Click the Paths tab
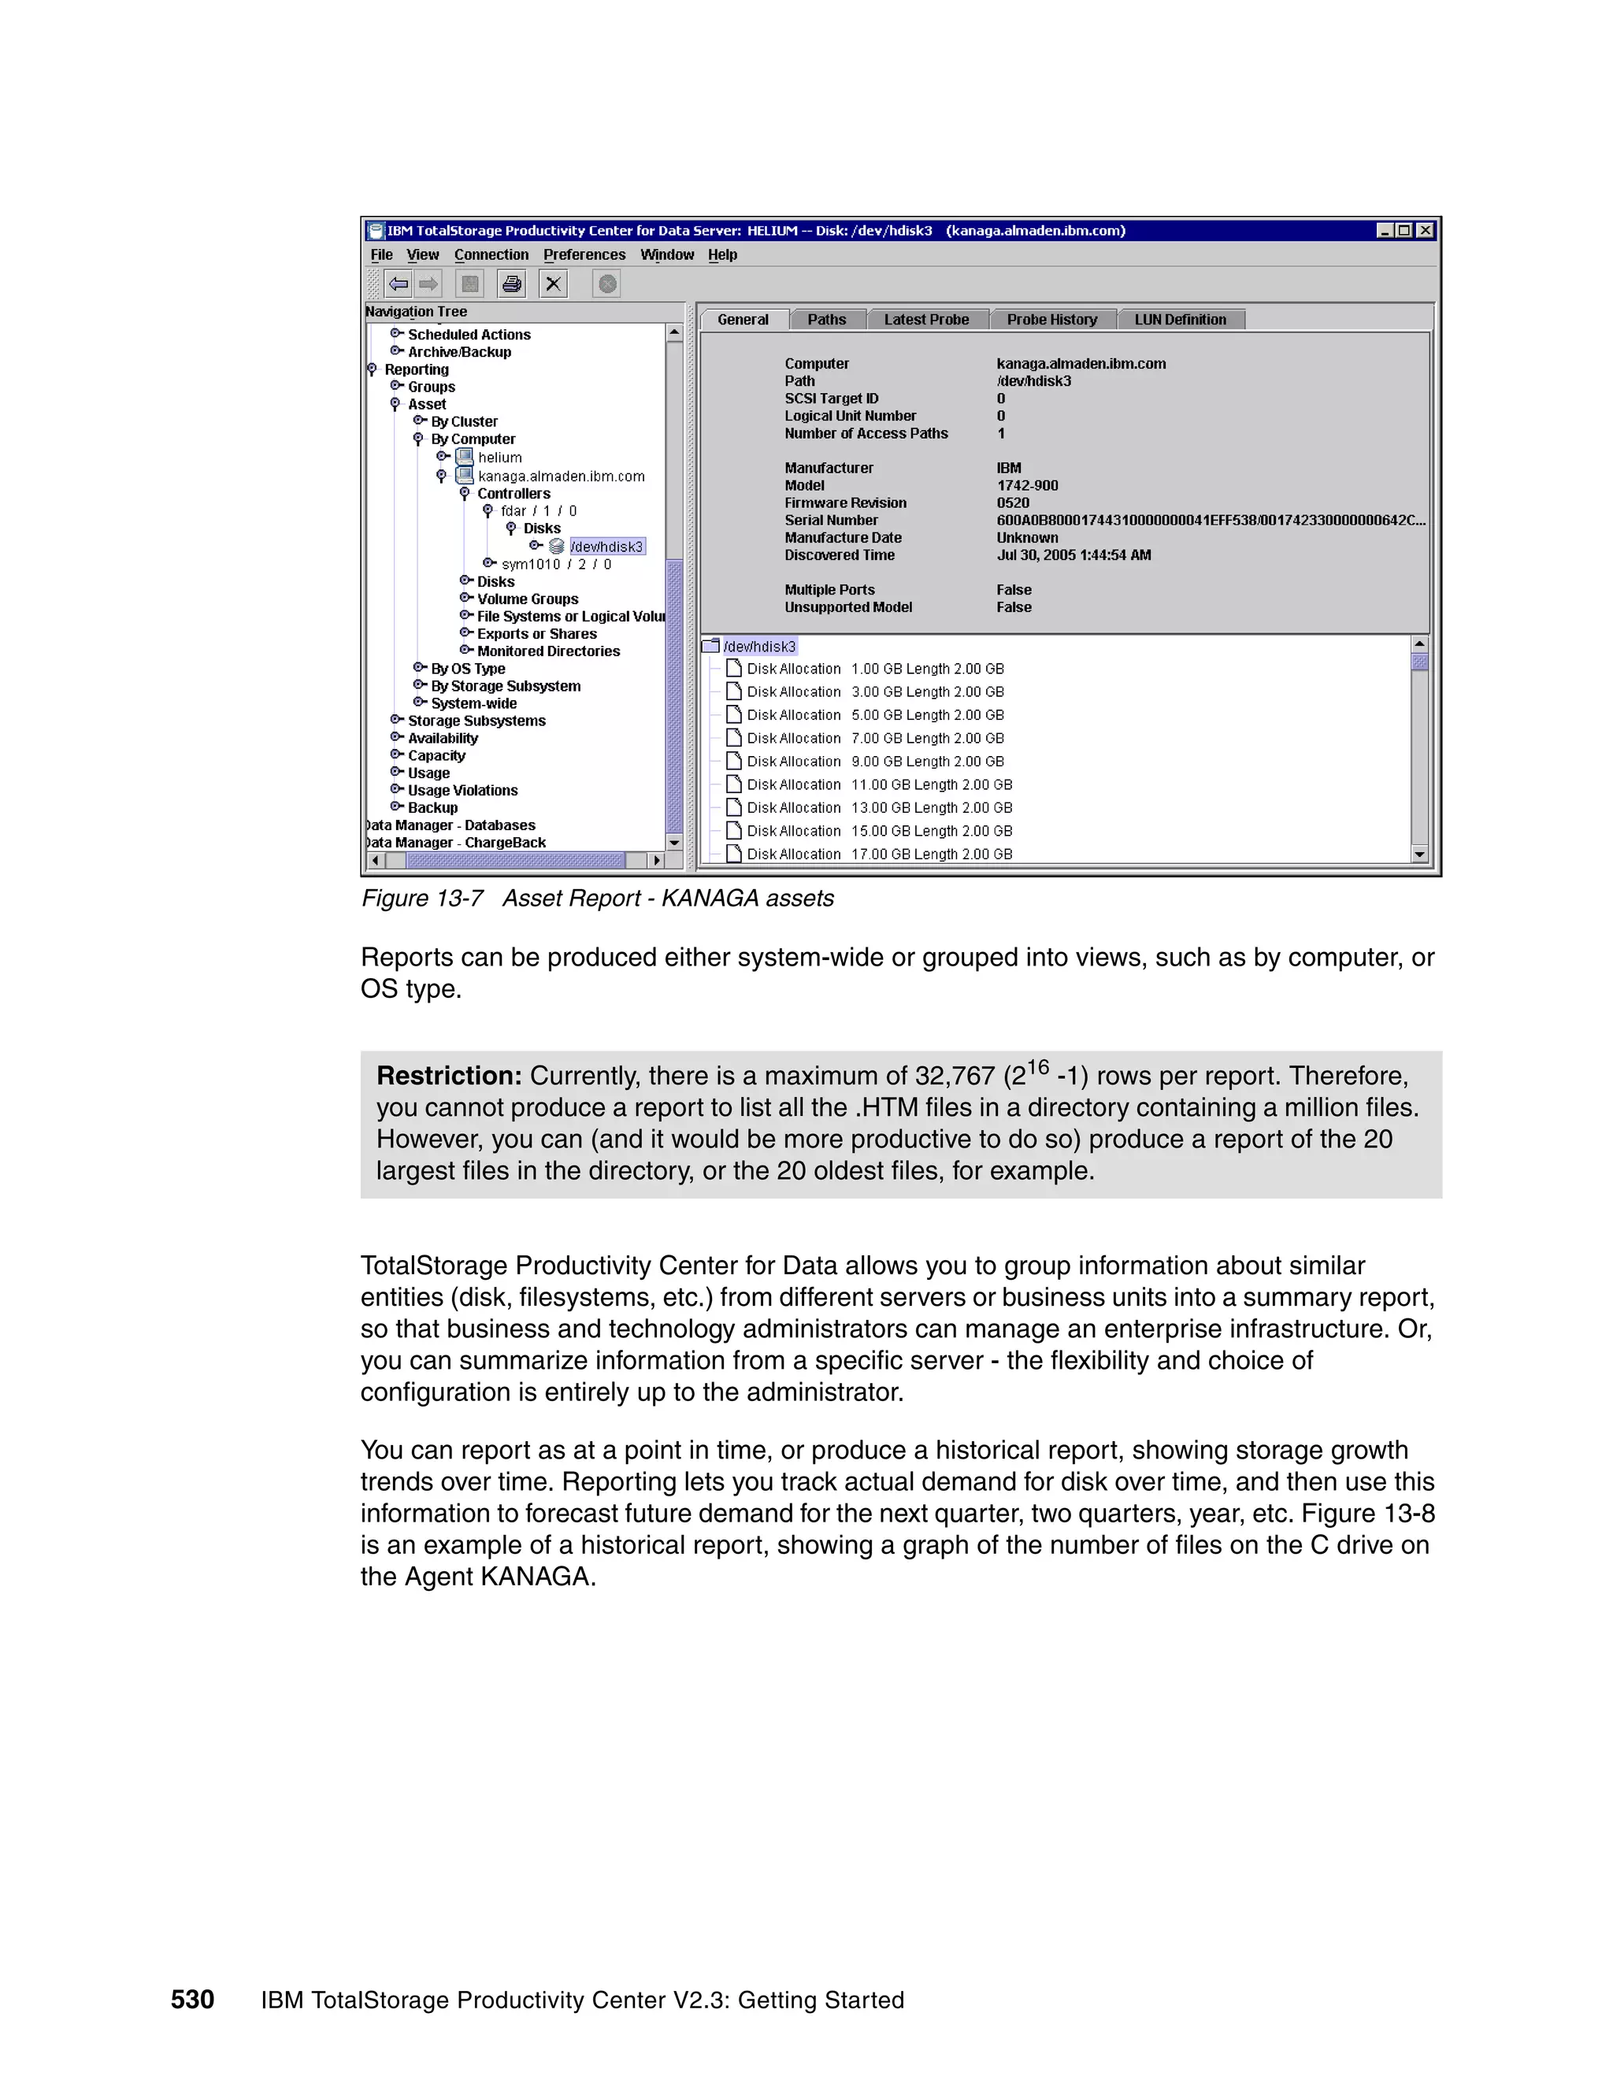pos(826,319)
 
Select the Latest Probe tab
pos(926,319)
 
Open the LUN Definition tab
pos(1180,319)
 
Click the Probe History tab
pos(1051,319)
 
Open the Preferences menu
pos(584,255)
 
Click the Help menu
pos(722,255)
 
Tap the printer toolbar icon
pos(512,284)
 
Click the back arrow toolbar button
pos(399,284)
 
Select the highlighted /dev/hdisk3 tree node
pos(606,547)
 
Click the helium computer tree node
pos(500,458)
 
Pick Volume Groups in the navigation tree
pos(528,599)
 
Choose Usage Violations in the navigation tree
pos(462,790)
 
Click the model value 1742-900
pos(1027,485)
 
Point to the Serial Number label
pos(830,521)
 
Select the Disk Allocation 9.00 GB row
pos(874,762)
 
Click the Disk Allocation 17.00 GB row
pos(878,854)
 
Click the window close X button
pos(1425,230)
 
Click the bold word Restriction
pos(448,1076)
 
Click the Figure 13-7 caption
pos(597,899)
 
